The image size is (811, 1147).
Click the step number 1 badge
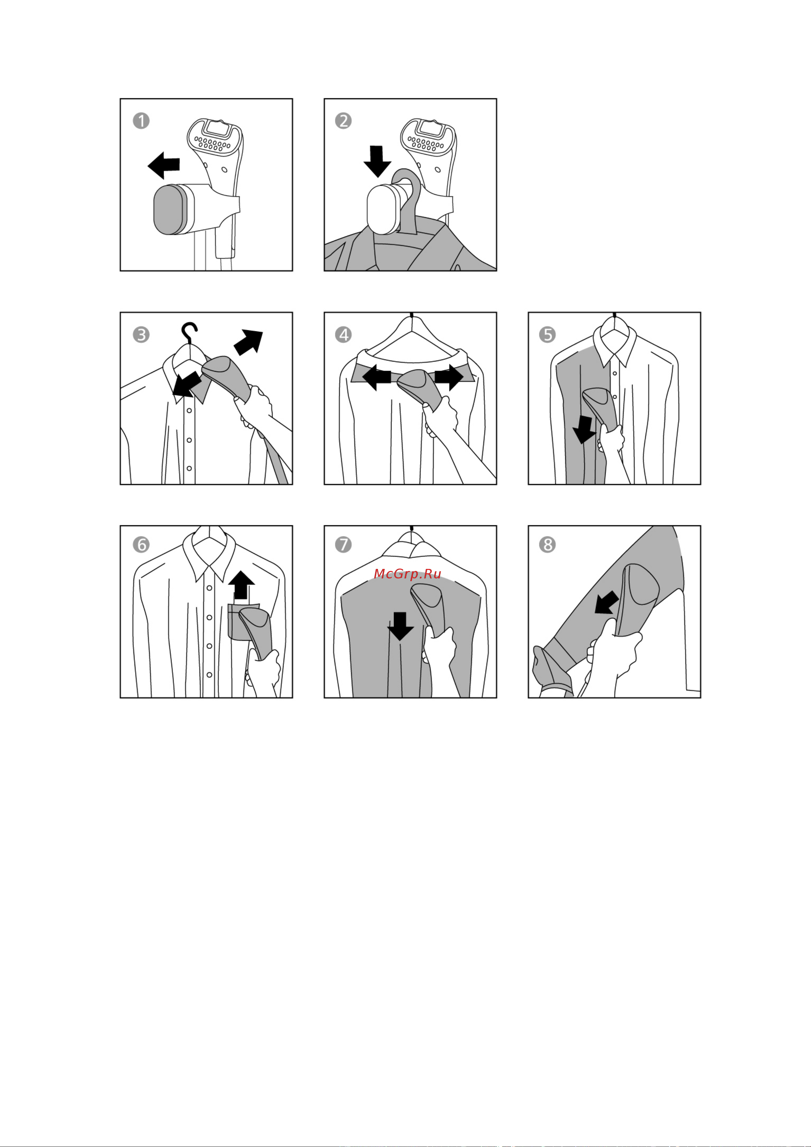141,121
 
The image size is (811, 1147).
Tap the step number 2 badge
343,121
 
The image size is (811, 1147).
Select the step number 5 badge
547,334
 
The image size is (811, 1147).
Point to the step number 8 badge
547,544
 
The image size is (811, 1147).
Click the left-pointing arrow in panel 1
164,165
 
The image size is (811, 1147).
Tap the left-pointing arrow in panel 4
376,377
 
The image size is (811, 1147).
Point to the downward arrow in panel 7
400,626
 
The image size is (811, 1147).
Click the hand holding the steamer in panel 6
263,672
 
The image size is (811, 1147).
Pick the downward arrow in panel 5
584,430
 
